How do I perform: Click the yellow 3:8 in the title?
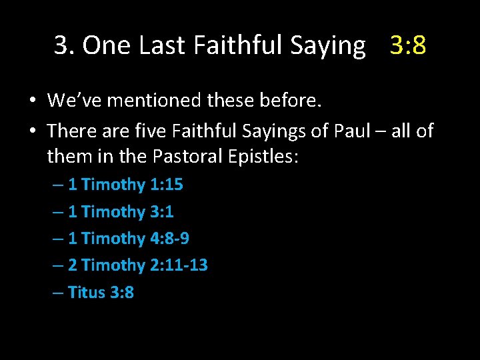coord(408,45)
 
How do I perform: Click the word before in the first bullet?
coord(289,101)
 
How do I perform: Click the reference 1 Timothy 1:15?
coord(125,185)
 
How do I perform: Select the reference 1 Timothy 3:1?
coord(121,212)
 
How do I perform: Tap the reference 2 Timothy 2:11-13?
coord(137,265)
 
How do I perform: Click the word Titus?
coord(86,292)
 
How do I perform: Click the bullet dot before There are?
coord(32,131)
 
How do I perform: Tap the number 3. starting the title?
coord(65,45)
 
